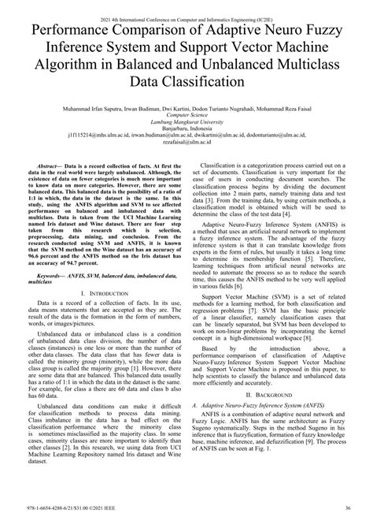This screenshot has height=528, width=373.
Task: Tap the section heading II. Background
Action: pos(270,414)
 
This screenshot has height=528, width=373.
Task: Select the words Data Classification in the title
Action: pos(186,81)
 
